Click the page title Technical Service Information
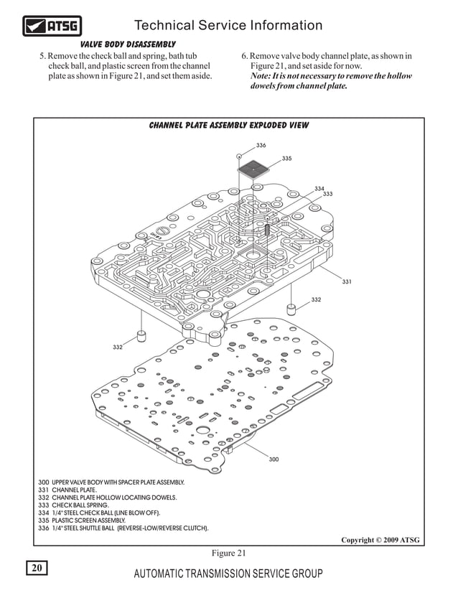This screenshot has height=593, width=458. click(x=228, y=26)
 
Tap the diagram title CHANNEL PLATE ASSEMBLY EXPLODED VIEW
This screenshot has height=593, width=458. click(x=228, y=125)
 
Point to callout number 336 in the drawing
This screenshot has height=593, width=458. click(x=261, y=145)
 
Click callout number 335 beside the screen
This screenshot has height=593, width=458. click(x=286, y=158)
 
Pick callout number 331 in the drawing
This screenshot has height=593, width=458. click(x=347, y=281)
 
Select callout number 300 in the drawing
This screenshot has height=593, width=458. click(x=274, y=459)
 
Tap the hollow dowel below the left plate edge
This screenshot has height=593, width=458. click(x=141, y=337)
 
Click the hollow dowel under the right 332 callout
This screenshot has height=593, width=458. click(x=291, y=309)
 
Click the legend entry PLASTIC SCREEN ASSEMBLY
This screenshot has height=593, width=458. click(x=86, y=520)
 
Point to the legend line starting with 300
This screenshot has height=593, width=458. click(x=111, y=482)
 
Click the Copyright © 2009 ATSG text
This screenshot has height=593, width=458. click(x=380, y=539)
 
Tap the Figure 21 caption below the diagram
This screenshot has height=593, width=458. click(x=228, y=552)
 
